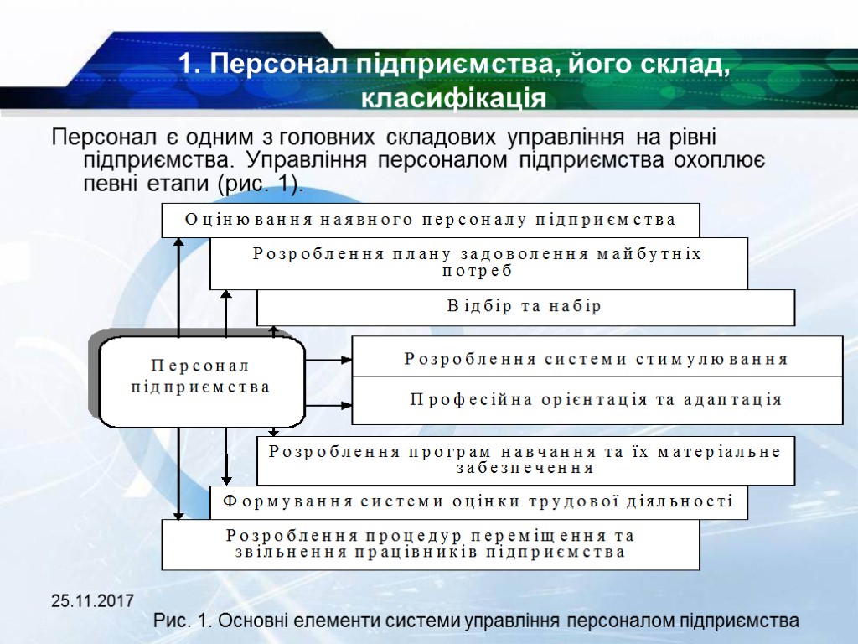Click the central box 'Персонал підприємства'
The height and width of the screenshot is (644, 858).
click(x=201, y=377)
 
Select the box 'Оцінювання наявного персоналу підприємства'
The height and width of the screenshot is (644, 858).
click(x=430, y=221)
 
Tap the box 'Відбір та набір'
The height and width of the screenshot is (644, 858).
click(x=525, y=307)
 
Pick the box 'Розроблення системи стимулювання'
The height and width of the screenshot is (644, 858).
click(x=597, y=359)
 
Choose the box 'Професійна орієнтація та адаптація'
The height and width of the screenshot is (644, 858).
click(x=597, y=400)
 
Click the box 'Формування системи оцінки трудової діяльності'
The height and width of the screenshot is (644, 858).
click(x=478, y=502)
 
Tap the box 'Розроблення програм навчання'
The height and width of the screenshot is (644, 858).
click(x=525, y=460)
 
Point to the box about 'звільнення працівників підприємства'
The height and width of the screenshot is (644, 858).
click(x=430, y=544)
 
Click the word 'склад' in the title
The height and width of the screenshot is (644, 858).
click(x=680, y=65)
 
